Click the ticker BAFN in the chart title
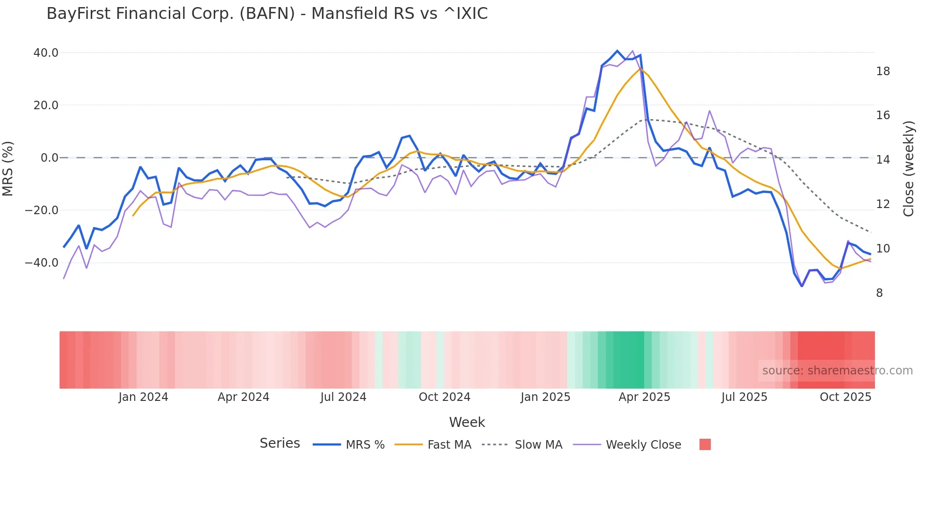coord(267,14)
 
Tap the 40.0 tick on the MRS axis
coord(46,53)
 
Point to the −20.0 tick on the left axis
coord(42,210)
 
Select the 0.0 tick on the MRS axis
coord(50,158)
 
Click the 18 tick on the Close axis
coord(883,71)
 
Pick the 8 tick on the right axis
coord(879,293)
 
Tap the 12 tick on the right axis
coord(883,204)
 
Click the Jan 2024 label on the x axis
coord(143,397)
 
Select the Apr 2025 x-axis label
coord(644,397)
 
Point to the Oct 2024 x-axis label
coord(445,397)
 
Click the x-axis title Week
coord(467,422)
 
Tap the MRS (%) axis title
coord(8,168)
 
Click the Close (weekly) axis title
coord(909,169)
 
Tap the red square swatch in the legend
coord(705,444)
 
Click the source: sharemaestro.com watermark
coord(837,371)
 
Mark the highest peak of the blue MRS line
coord(617,51)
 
